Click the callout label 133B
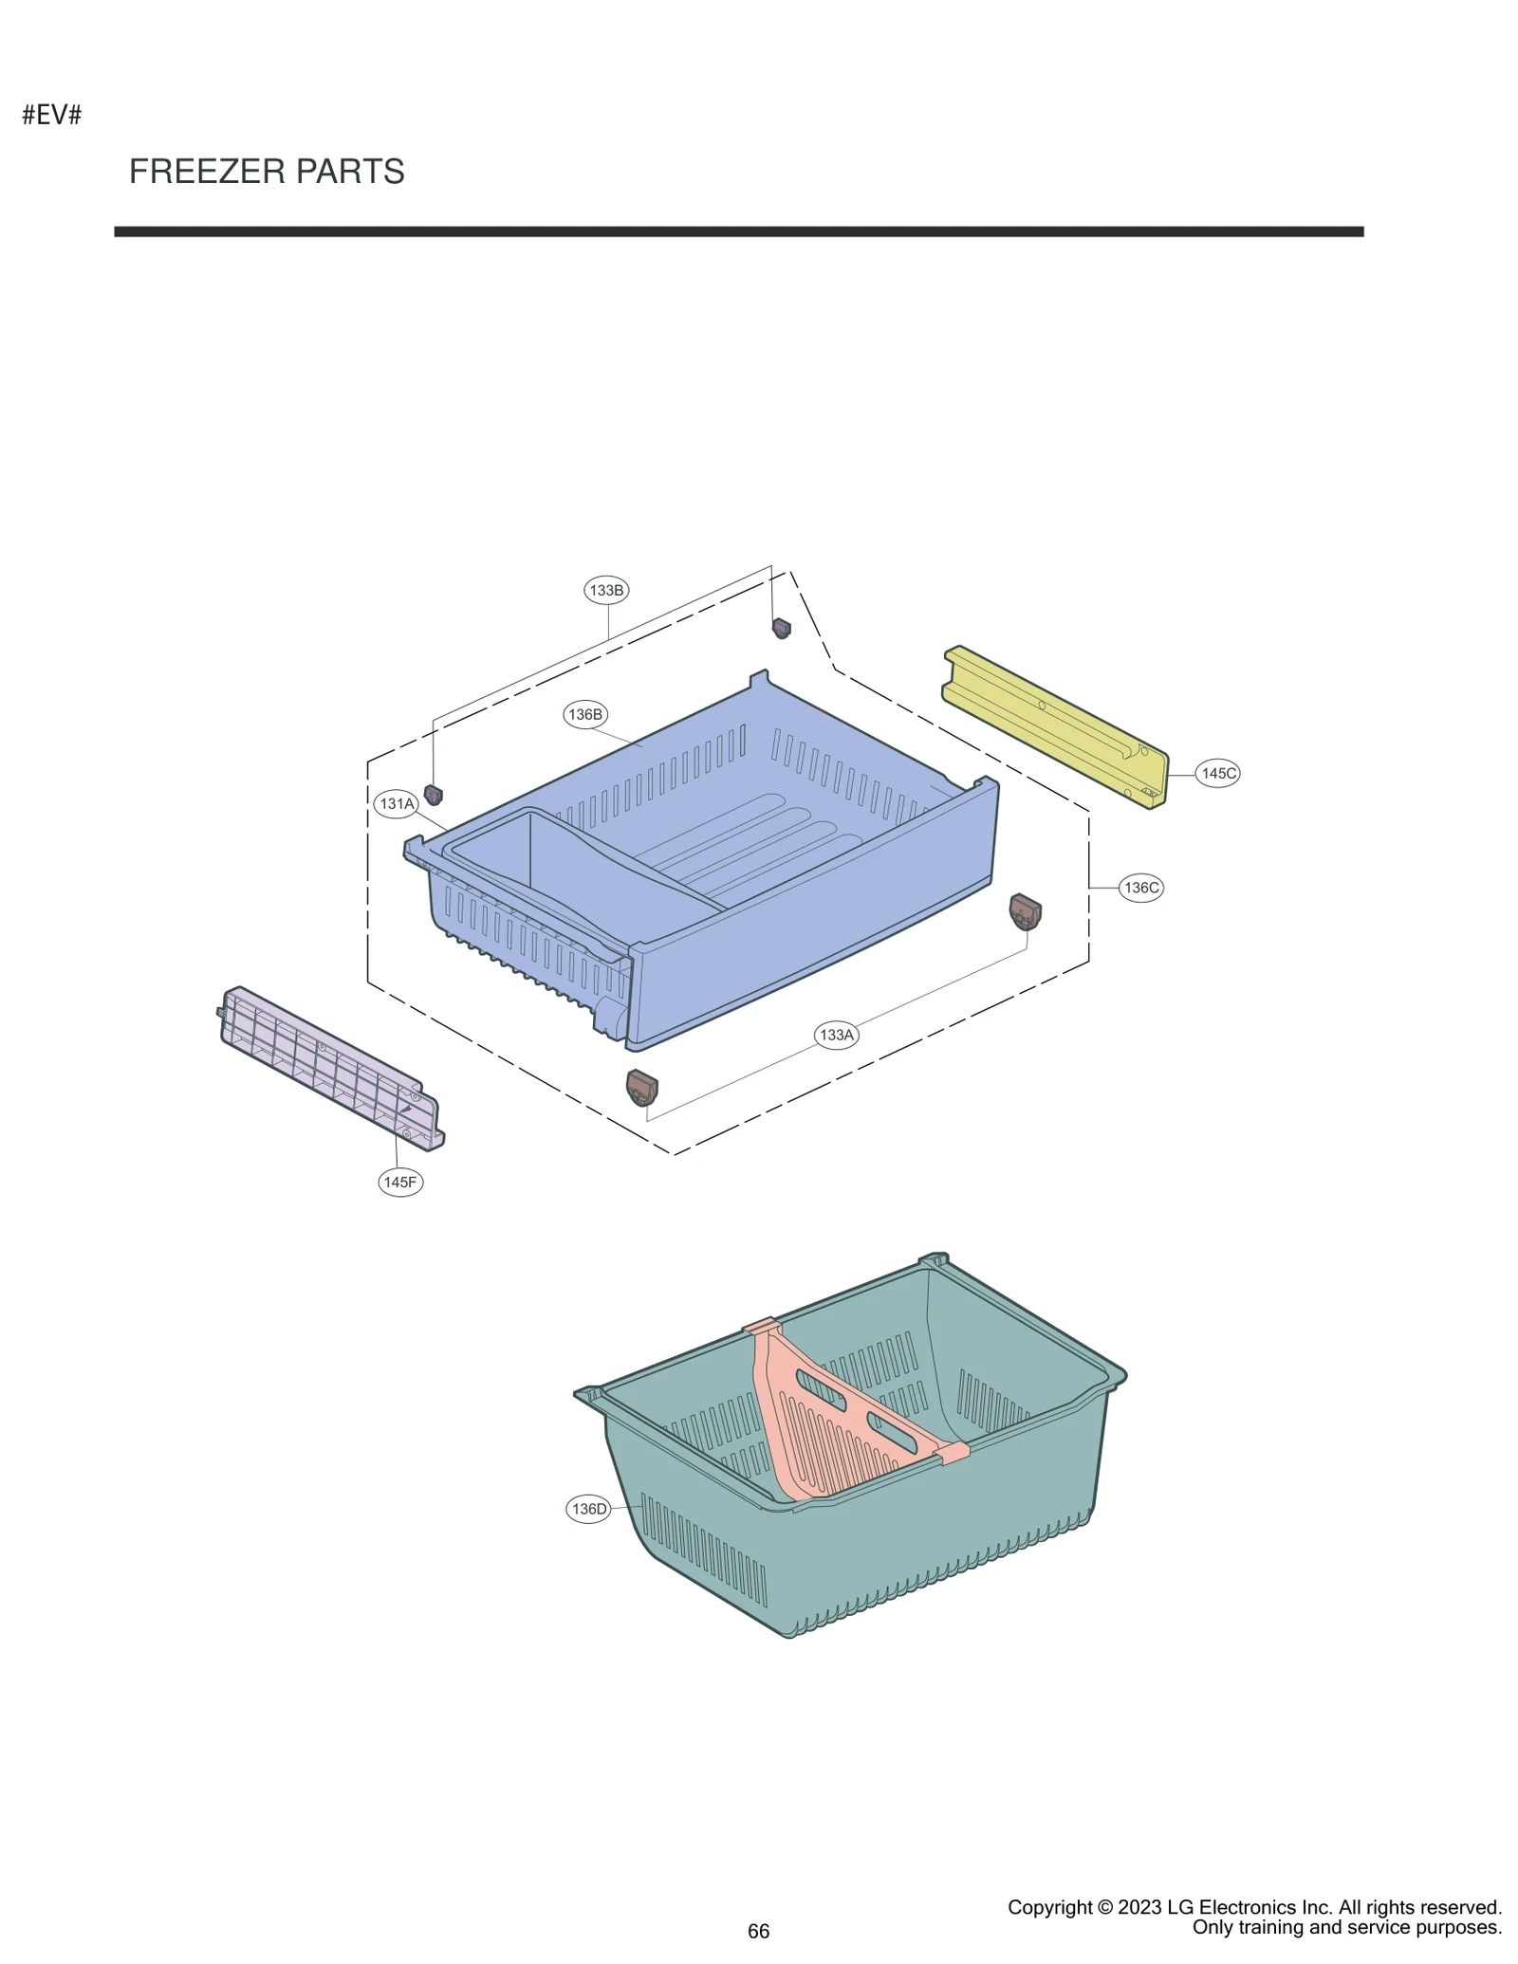[x=606, y=590]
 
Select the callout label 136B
[x=584, y=714]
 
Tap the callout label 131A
[x=398, y=804]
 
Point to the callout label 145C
[x=1218, y=773]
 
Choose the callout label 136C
[x=1140, y=888]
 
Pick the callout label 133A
[x=837, y=1035]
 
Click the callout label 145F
[x=400, y=1182]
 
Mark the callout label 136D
[x=588, y=1509]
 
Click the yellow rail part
[x=1053, y=725]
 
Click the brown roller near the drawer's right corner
[x=1025, y=911]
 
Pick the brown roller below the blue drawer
[x=642, y=1087]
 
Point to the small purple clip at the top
[x=781, y=628]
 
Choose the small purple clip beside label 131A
[x=434, y=794]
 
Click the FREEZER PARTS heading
[x=267, y=172]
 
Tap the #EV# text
[x=52, y=116]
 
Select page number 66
[x=758, y=1932]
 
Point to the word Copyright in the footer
[x=1049, y=1908]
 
